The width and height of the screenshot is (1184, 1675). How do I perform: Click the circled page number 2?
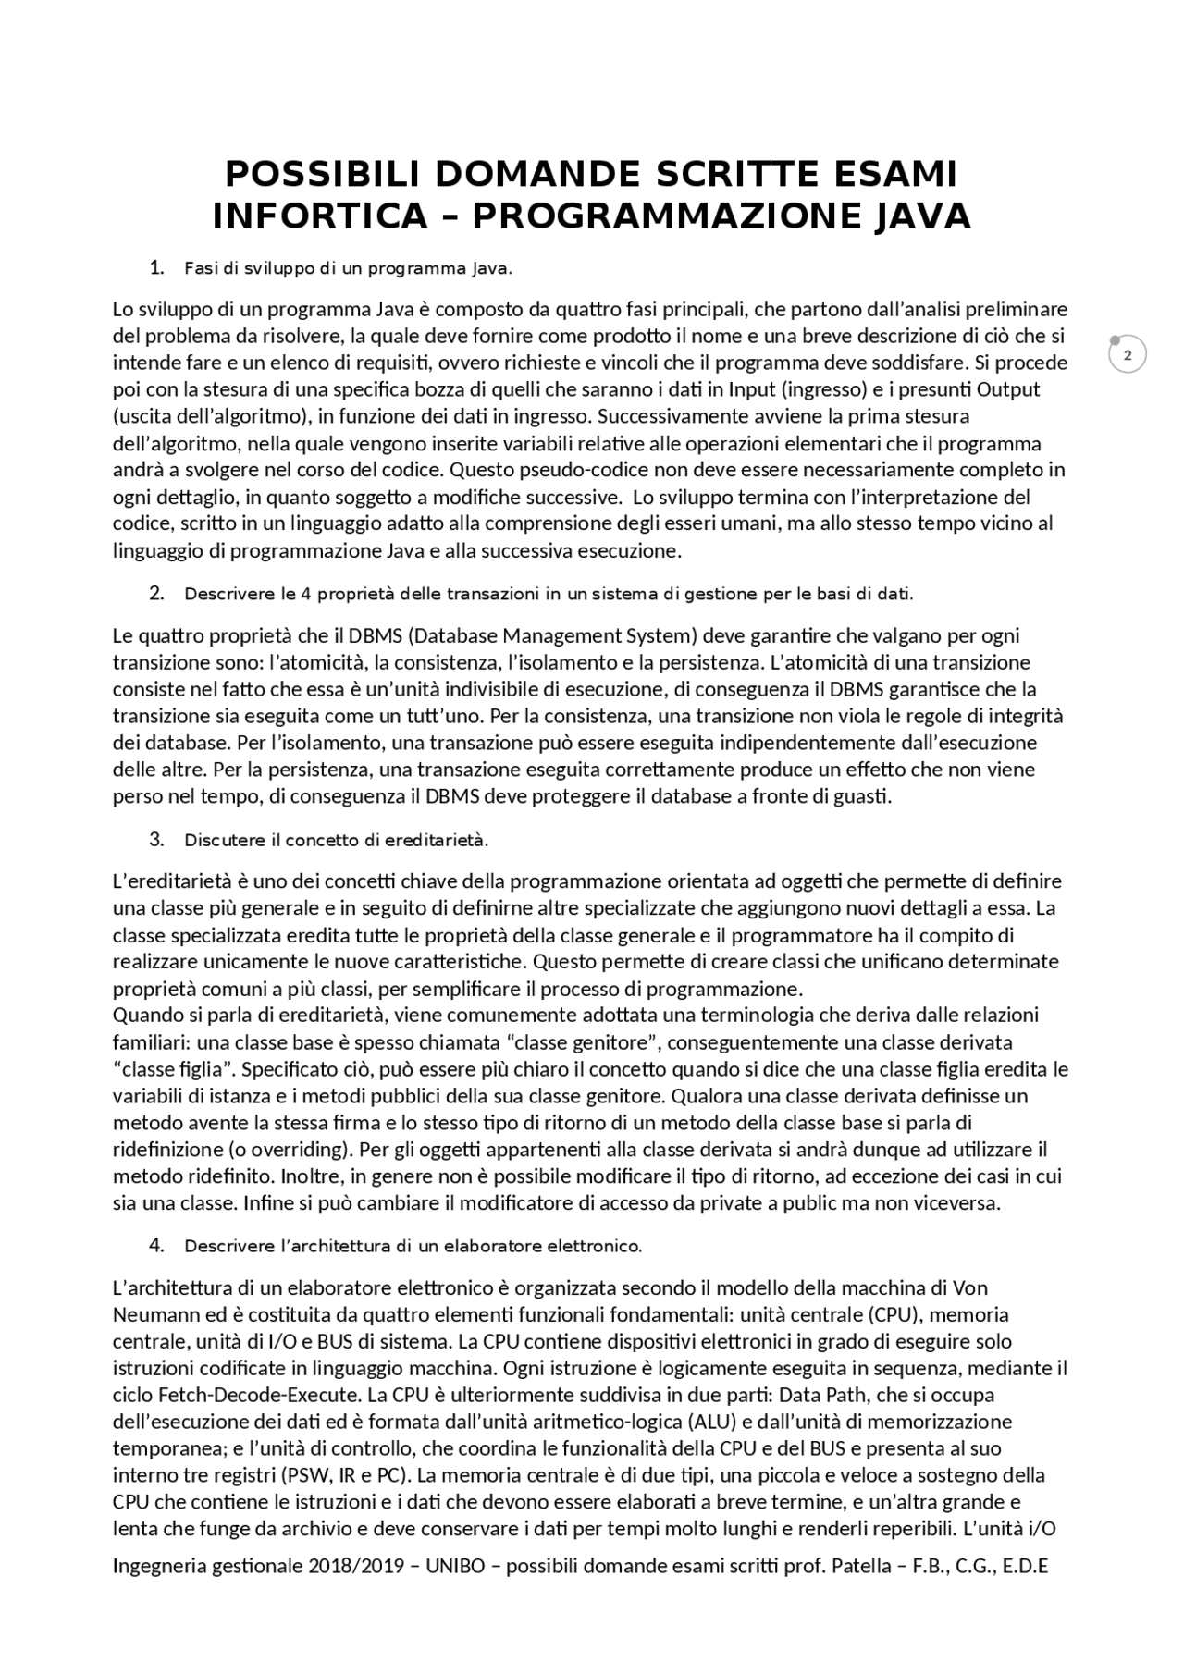click(x=1127, y=355)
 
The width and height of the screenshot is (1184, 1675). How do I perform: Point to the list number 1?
click(x=155, y=268)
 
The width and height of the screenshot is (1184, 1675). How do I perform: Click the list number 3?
click(x=155, y=840)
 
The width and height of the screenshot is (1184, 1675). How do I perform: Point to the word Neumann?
click(x=149, y=1315)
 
